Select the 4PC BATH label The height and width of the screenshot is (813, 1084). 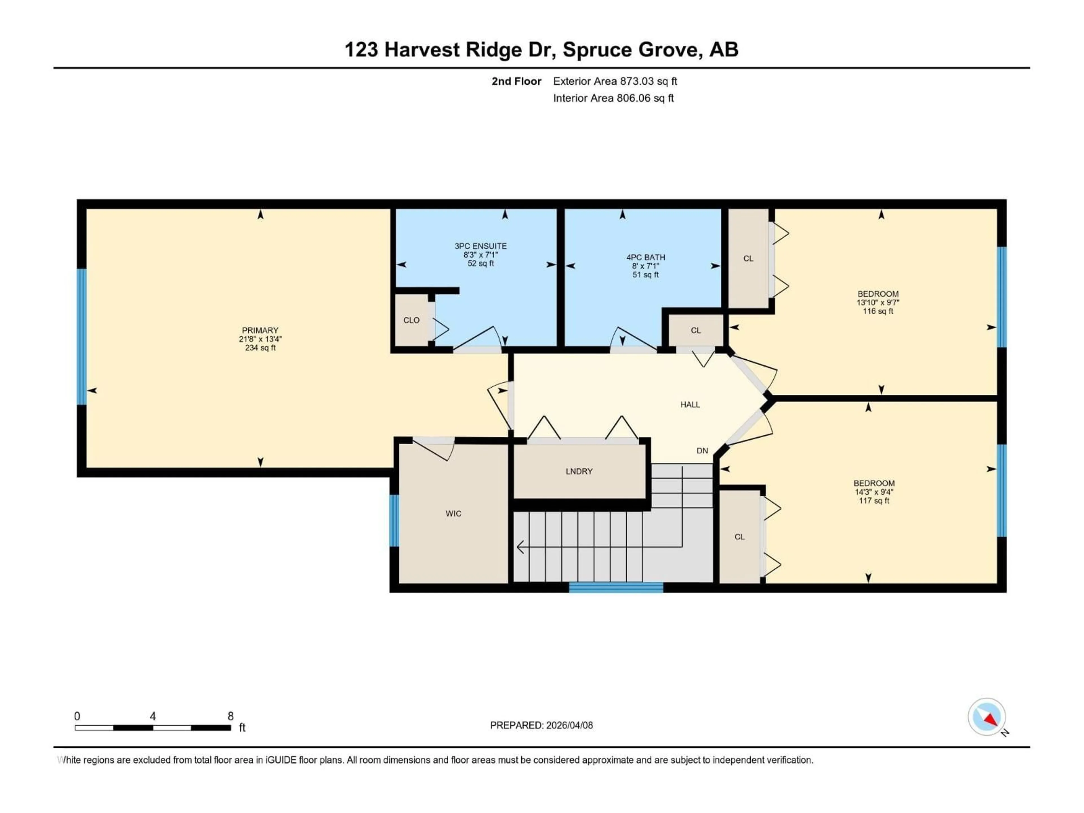[x=645, y=257]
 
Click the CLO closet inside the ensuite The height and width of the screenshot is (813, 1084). [x=411, y=320]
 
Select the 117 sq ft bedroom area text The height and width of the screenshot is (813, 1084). [x=874, y=501]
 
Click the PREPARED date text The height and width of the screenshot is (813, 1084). [x=541, y=725]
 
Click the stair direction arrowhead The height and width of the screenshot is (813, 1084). [x=520, y=547]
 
